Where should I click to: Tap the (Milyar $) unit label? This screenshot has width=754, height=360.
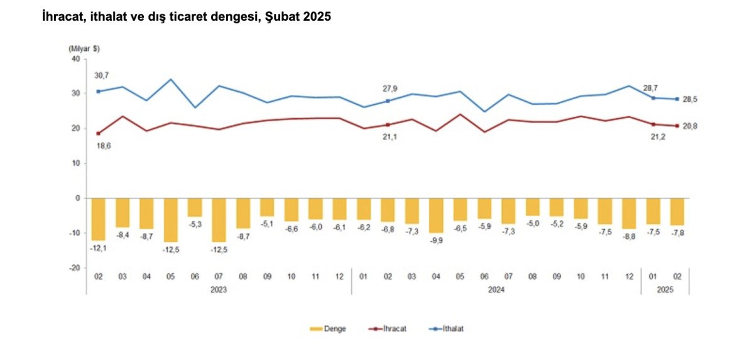(84, 48)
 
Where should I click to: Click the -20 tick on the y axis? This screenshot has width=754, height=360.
(74, 268)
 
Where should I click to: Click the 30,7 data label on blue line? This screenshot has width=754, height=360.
(101, 75)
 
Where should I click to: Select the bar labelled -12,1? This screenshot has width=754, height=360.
(99, 219)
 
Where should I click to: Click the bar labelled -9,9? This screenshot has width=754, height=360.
(436, 215)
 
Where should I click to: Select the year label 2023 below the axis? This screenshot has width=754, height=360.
(219, 290)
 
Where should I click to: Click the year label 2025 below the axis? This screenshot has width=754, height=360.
(665, 290)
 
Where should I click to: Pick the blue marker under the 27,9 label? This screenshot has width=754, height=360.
(388, 101)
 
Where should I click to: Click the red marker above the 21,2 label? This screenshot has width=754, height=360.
(654, 124)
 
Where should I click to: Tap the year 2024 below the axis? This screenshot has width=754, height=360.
(496, 290)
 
